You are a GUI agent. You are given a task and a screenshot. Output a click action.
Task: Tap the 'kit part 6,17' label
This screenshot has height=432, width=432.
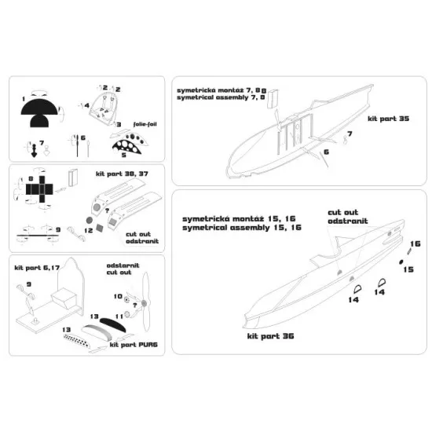tap(37, 268)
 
